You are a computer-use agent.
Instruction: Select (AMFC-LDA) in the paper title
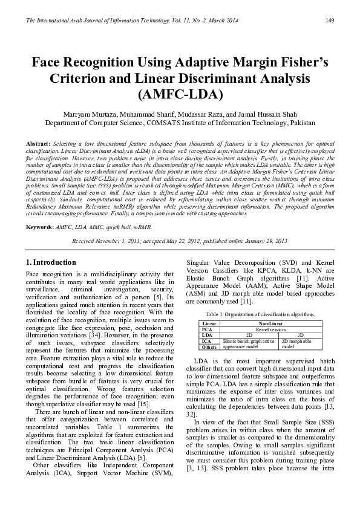tap(181, 95)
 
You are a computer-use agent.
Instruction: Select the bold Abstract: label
tap(38, 143)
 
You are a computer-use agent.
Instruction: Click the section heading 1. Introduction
tap(51, 262)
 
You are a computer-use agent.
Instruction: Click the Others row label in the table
tap(210, 347)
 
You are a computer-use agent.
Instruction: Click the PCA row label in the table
tap(208, 329)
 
